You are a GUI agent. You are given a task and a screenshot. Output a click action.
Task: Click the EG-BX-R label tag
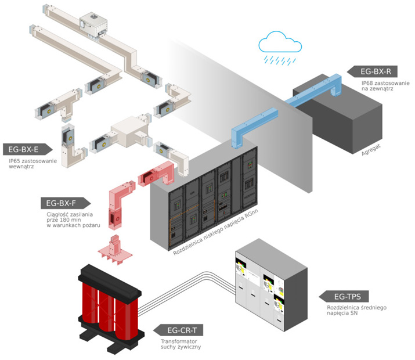(375, 72)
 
